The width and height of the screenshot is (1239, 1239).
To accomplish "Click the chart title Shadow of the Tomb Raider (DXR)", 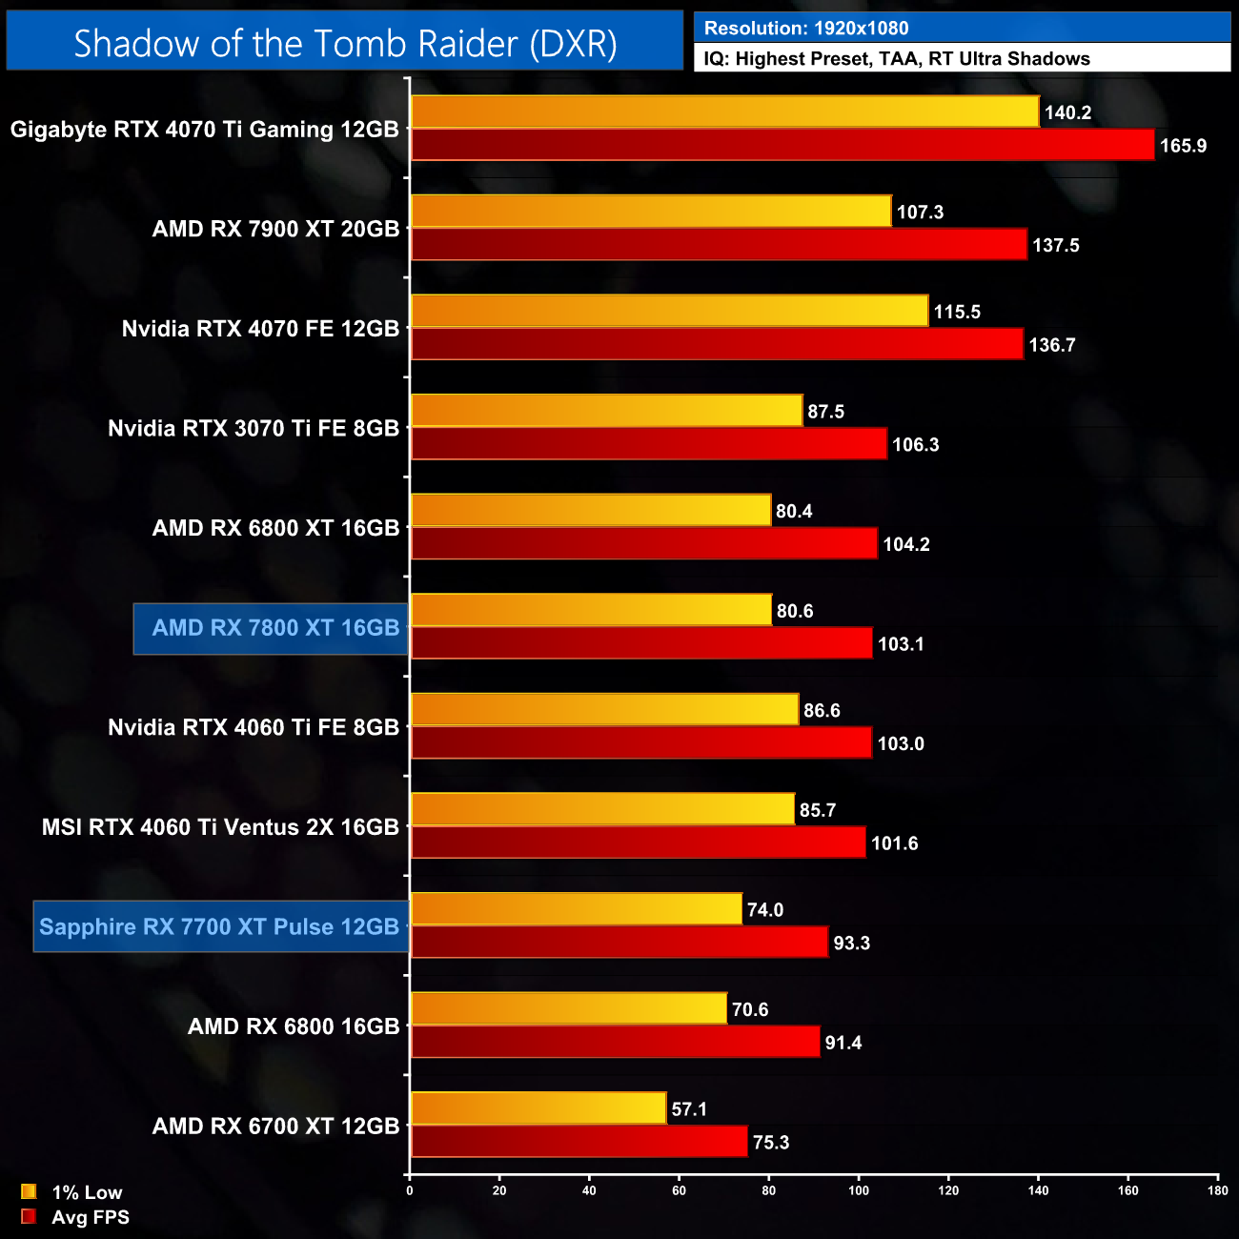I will (x=345, y=43).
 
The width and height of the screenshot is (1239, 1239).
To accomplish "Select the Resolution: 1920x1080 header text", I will (x=805, y=28).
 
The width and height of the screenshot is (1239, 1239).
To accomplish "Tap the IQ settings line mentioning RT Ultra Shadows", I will (x=896, y=58).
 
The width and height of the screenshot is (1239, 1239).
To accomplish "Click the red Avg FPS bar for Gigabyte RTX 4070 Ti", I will (x=782, y=145).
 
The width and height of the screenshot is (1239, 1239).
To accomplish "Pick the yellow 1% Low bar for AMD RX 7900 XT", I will (x=650, y=212).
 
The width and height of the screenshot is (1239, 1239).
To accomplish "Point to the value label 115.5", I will (x=956, y=312).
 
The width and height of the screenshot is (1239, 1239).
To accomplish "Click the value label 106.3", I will (x=915, y=445).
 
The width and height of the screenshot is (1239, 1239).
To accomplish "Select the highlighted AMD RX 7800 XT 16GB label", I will (x=274, y=628).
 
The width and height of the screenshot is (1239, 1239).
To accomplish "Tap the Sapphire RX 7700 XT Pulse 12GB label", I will (x=219, y=926).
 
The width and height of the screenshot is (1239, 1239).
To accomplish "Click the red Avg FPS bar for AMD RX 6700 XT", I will (x=579, y=1142).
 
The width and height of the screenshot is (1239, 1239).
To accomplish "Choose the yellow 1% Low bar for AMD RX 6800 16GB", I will (x=568, y=1008).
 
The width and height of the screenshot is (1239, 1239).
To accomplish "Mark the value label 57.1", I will (x=689, y=1109).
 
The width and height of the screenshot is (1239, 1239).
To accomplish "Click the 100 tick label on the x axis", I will (x=859, y=1190).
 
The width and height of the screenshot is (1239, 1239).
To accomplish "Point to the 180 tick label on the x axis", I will (x=1218, y=1190).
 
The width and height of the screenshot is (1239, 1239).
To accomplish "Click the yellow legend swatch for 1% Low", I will (x=29, y=1191).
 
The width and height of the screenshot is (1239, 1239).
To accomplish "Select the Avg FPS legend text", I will (x=91, y=1217).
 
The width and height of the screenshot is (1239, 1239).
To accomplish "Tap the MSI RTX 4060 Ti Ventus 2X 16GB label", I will (x=220, y=827).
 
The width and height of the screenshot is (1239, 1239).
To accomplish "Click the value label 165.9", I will (x=1183, y=146).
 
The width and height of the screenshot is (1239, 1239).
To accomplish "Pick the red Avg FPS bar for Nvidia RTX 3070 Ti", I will (x=648, y=444).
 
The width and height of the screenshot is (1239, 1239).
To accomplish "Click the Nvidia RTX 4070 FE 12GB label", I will (x=260, y=329).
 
